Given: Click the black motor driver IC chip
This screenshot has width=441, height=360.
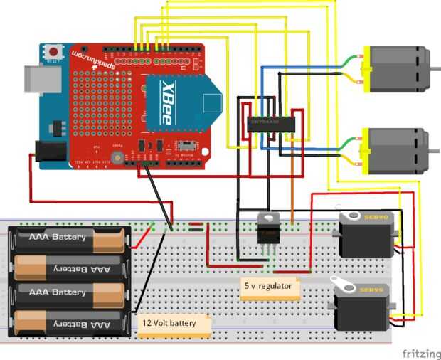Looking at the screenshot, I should tap(272, 122).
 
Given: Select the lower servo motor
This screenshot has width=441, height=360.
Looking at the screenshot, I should tap(361, 305).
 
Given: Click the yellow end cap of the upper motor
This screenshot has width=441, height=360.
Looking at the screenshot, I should tap(367, 70).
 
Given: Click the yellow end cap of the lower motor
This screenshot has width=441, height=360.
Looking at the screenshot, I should tap(367, 151).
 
